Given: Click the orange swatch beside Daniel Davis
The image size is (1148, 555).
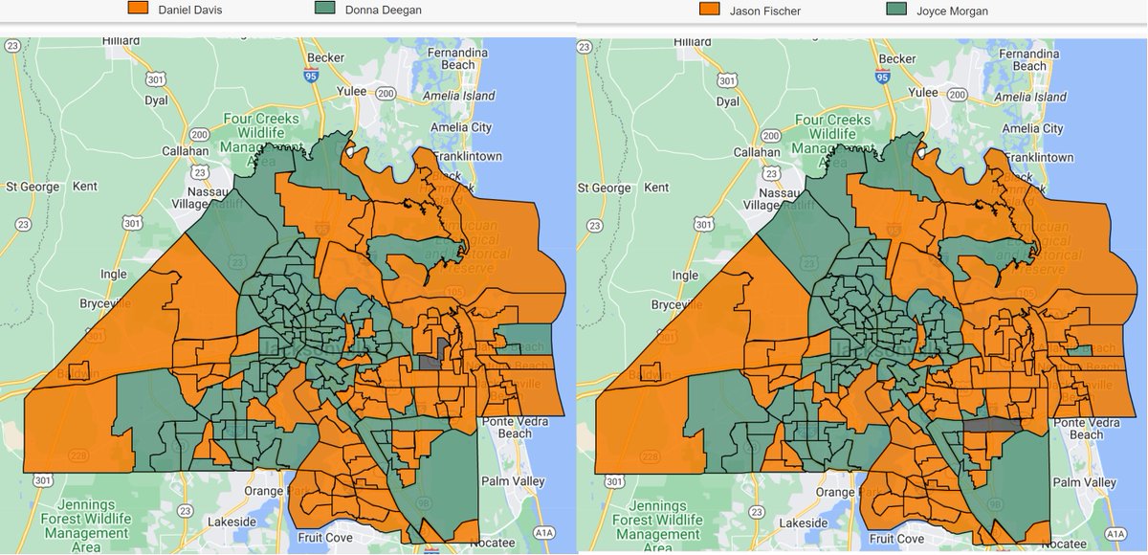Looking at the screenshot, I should (x=138, y=9).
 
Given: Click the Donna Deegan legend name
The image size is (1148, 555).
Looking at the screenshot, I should (x=384, y=10).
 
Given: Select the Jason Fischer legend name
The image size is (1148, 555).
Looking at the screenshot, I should (x=765, y=11).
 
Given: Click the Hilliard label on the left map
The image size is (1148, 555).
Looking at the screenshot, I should (x=121, y=41).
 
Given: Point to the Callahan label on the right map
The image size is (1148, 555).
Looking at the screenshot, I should (x=758, y=152).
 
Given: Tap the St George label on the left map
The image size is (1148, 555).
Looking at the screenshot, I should (x=33, y=187).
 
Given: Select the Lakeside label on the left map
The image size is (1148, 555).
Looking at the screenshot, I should (x=232, y=522).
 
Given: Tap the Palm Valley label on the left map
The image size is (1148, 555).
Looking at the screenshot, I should (x=513, y=481).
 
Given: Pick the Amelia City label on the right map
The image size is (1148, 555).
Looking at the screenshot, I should (x=1034, y=128).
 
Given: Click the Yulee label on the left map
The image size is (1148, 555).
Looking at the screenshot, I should (x=351, y=92).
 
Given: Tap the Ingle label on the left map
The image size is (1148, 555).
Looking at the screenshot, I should (x=113, y=274).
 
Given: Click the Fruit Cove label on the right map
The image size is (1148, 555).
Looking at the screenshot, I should (x=897, y=540).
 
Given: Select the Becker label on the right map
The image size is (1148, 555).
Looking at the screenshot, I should (x=896, y=58).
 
